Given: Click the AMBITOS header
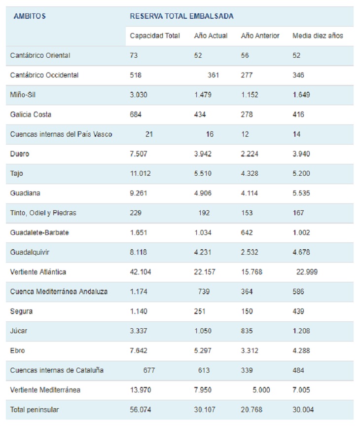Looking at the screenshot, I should pyautogui.click(x=30, y=16).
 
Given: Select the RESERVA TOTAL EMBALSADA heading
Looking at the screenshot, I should pyautogui.click(x=181, y=16).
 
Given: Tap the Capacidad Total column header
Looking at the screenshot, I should pyautogui.click(x=154, y=36).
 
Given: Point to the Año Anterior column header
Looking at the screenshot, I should pyautogui.click(x=260, y=36).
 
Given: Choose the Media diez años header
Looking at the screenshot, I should pyautogui.click(x=318, y=36).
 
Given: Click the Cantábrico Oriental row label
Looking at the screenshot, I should pyautogui.click(x=40, y=56).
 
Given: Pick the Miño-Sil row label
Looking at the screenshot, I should pyautogui.click(x=23, y=95).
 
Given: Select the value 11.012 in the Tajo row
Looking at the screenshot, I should pyautogui.click(x=140, y=174).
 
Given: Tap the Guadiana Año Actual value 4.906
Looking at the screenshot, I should pyautogui.click(x=203, y=194).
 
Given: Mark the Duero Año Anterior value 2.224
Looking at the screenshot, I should pyautogui.click(x=250, y=154).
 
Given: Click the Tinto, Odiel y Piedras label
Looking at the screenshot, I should pyautogui.click(x=43, y=213).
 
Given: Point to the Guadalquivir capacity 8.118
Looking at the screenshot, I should pyautogui.click(x=138, y=252).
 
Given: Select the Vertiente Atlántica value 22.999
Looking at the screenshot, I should pyautogui.click(x=307, y=272).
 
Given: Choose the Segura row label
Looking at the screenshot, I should pyautogui.click(x=21, y=311).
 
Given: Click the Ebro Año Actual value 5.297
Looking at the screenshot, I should pyautogui.click(x=203, y=351).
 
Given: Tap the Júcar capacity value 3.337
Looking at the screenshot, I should pyautogui.click(x=138, y=331).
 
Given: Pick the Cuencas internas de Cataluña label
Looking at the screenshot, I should pyautogui.click(x=57, y=371).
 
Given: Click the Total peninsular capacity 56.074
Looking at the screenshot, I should pyautogui.click(x=140, y=410).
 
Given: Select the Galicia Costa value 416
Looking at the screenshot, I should pyautogui.click(x=298, y=115).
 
